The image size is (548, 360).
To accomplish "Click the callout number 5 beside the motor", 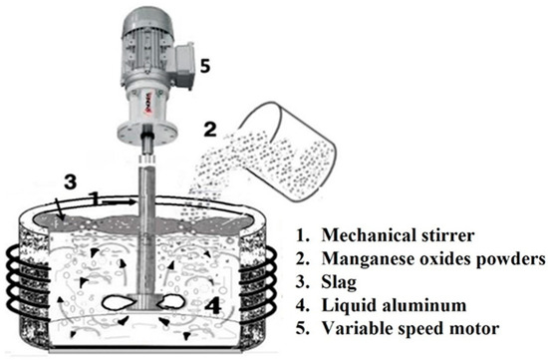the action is [205, 66].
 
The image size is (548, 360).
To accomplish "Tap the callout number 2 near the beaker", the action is [210, 129].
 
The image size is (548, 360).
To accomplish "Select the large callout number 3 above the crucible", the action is [70, 181].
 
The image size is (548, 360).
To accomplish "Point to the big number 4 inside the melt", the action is [212, 305].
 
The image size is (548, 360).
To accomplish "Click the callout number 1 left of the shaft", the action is [94, 198].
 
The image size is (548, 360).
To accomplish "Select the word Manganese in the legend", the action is [364, 259].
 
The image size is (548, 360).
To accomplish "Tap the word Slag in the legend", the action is [339, 282].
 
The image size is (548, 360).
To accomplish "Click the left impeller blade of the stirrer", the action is [116, 302].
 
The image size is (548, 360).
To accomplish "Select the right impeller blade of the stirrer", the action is [170, 301].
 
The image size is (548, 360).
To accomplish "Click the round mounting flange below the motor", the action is [147, 134].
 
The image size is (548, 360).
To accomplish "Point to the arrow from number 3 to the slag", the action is [60, 208].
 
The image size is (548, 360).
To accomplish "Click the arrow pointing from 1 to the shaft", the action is [118, 201].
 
